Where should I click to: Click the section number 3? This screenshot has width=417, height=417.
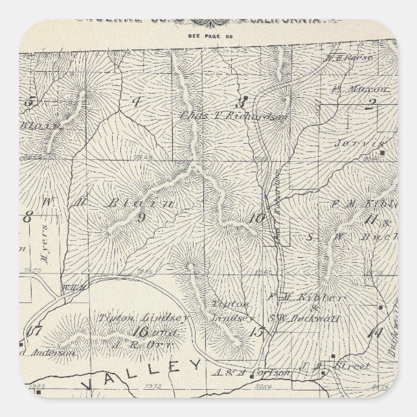click(241, 102)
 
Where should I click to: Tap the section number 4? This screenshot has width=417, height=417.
click(137, 102)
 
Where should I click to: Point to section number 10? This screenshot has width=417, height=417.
click(256, 218)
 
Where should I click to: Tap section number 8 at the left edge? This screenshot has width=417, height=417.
click(27, 217)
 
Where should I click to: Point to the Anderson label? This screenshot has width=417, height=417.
click(47, 353)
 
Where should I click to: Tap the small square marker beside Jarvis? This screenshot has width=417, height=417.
click(383, 153)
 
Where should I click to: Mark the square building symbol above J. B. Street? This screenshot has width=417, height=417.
click(332, 355)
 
